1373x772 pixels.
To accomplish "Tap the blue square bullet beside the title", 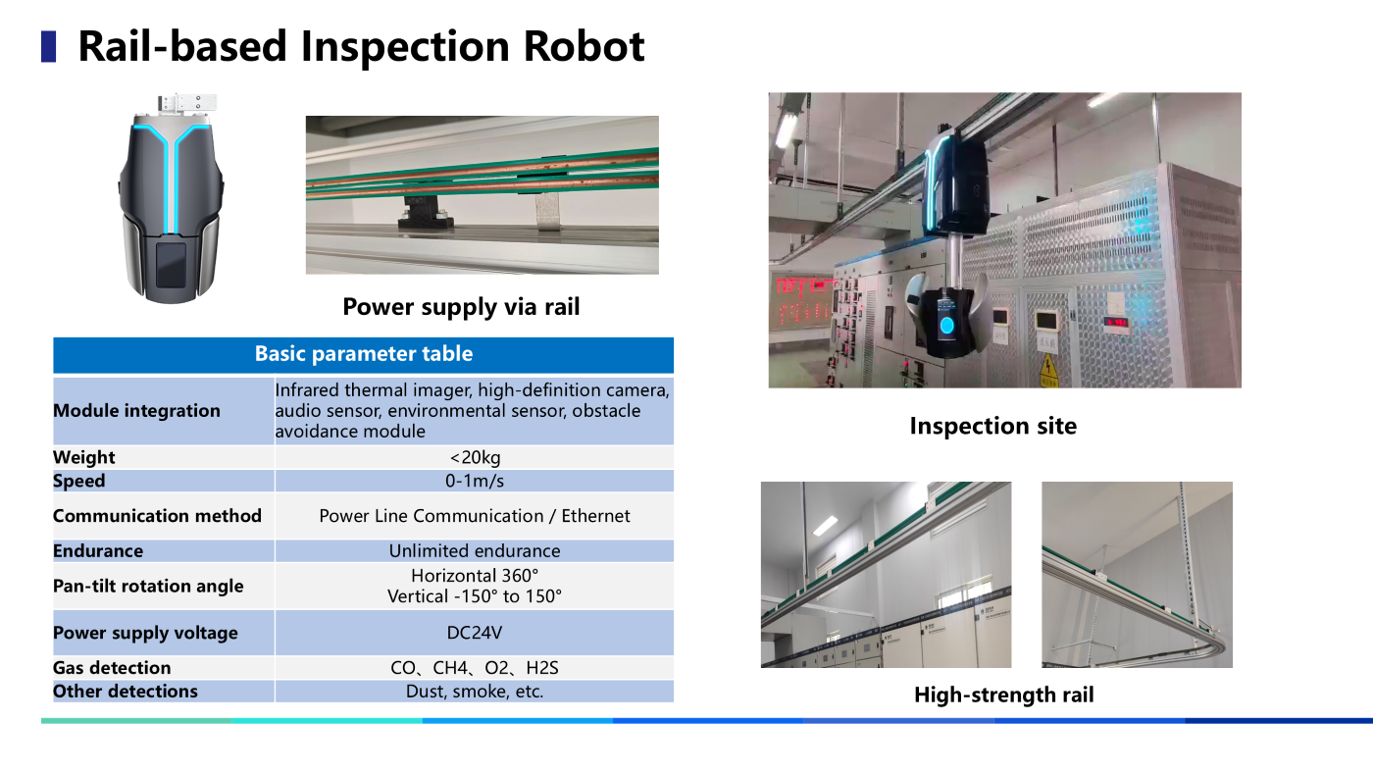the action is [x=48, y=47].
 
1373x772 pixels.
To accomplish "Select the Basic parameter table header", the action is [x=364, y=354].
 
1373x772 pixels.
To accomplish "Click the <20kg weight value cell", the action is [x=475, y=457].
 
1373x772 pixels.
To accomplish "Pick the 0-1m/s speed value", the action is [x=475, y=481].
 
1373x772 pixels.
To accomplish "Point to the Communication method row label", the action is [x=157, y=516].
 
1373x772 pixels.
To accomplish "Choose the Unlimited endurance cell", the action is [x=475, y=550].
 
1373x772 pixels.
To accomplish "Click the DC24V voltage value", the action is [x=475, y=633].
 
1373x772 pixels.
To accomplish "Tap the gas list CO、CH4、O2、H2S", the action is [x=475, y=668].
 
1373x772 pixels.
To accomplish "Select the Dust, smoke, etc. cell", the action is [x=475, y=692].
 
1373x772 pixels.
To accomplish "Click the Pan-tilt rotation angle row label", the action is [x=148, y=587].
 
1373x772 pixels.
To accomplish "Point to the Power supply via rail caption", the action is [x=461, y=307].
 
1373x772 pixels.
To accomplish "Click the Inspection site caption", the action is [x=992, y=426].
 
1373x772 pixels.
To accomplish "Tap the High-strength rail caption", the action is [x=1004, y=695].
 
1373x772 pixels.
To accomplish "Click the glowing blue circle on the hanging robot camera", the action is [x=947, y=326].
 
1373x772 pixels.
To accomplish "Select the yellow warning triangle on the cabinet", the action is [x=1048, y=367].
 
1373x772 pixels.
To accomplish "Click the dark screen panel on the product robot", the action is [x=171, y=265].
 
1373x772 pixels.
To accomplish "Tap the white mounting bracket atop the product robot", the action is [x=187, y=103].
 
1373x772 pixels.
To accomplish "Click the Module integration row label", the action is [x=136, y=411].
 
